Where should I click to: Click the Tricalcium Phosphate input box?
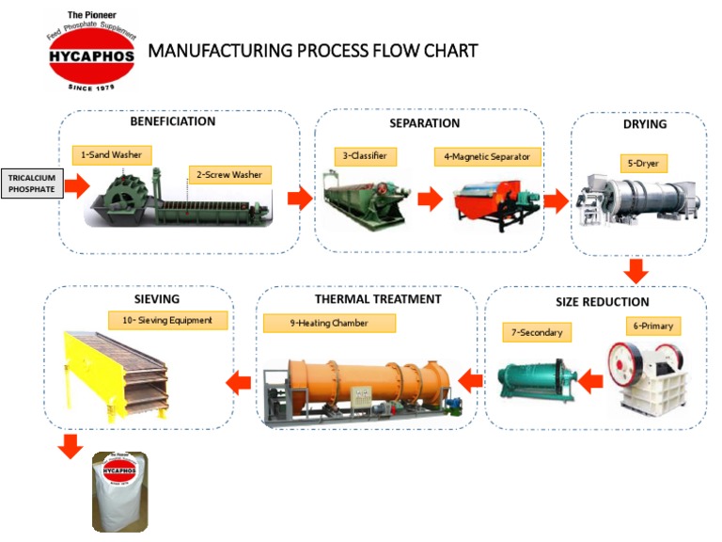32,183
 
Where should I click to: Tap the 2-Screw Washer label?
230,174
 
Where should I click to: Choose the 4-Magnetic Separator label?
488,156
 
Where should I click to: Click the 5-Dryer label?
644,163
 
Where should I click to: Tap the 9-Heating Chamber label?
328,323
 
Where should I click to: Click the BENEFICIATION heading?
172,121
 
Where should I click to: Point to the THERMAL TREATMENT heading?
377,299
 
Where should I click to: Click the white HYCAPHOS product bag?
120,490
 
